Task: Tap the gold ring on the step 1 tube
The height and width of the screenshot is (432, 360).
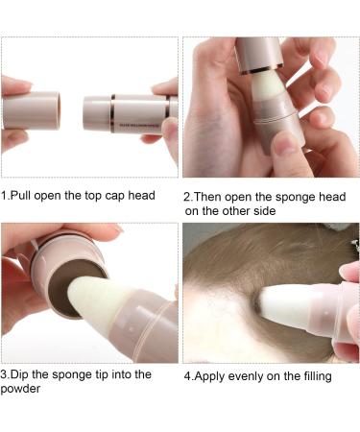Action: tap(112, 112)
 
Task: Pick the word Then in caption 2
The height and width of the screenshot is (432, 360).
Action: tap(212, 196)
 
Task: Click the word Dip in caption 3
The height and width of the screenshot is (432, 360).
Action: tap(21, 374)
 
